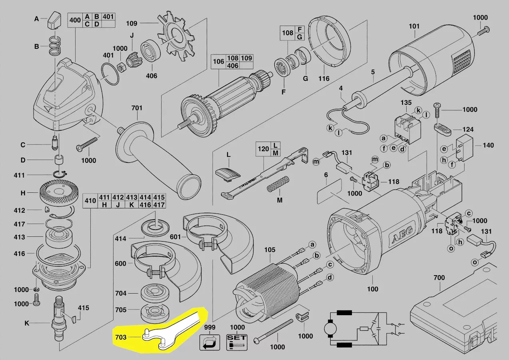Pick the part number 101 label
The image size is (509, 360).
click(414, 26)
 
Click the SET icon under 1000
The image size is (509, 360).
click(237, 342)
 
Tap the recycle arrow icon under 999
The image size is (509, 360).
click(210, 342)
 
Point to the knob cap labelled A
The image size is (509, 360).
click(53, 20)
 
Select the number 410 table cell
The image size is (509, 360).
click(90, 201)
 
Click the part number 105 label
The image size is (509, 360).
click(270, 250)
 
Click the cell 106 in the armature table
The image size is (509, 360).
click(218, 62)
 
